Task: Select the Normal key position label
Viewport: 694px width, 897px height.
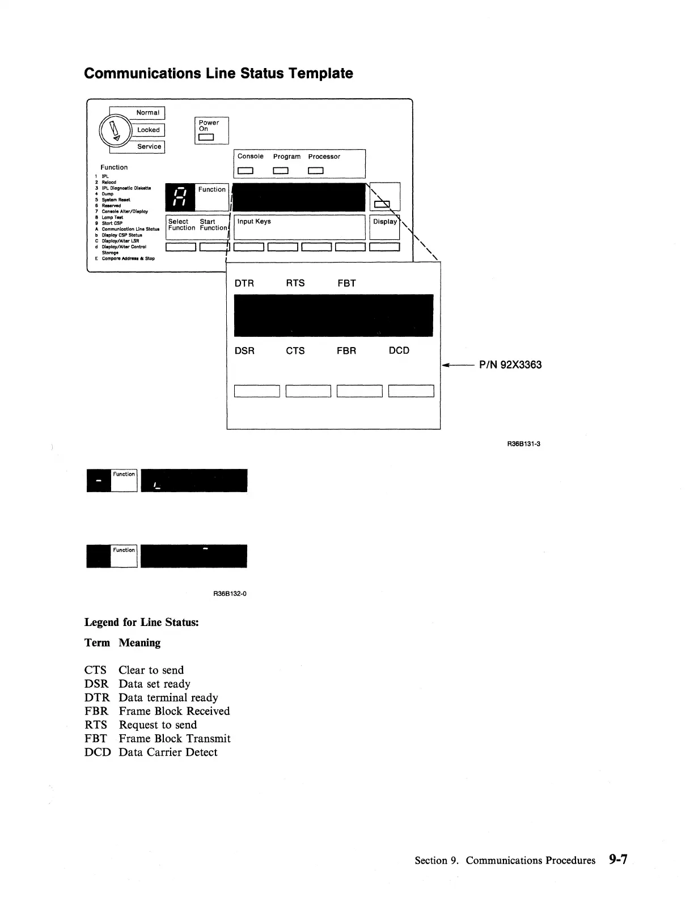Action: [x=147, y=113]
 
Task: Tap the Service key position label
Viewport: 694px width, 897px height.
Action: [x=149, y=146]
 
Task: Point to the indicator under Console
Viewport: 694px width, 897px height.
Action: [x=245, y=171]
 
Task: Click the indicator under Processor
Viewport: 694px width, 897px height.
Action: [x=315, y=171]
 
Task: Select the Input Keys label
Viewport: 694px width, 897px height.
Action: [x=254, y=222]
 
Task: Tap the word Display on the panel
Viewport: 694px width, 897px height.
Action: [x=384, y=222]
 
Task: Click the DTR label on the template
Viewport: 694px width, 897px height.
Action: [x=244, y=284]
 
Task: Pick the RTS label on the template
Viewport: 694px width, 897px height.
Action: [x=295, y=284]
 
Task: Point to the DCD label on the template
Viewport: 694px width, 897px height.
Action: [x=399, y=350]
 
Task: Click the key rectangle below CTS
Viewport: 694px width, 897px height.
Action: [x=308, y=391]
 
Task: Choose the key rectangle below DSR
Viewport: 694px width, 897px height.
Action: [x=256, y=391]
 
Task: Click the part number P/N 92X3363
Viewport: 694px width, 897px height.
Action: [x=510, y=365]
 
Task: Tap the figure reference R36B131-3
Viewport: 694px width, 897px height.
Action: [x=523, y=444]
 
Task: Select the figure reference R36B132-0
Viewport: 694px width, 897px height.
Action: [x=230, y=594]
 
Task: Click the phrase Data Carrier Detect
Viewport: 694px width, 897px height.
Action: [x=168, y=752]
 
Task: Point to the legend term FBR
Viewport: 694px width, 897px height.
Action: [x=96, y=711]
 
